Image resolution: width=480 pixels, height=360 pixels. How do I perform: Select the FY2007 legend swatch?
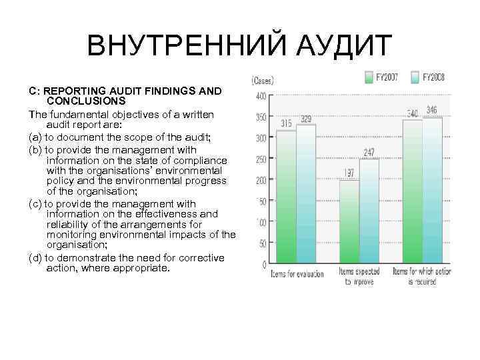(369, 77)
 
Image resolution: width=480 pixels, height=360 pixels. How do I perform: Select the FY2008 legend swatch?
(416, 77)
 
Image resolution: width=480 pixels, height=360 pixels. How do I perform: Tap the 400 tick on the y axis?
(262, 97)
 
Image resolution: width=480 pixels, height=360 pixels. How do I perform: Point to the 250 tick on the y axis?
(262, 159)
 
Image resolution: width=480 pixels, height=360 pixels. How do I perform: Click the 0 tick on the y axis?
(265, 265)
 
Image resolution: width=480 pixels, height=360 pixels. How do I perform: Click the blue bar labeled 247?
(369, 211)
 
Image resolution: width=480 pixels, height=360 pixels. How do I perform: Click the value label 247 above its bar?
(369, 153)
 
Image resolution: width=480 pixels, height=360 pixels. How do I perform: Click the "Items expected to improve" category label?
(359, 277)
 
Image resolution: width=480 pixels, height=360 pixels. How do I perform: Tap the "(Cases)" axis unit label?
(262, 80)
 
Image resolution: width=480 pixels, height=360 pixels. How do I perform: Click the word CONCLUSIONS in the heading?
(87, 101)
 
